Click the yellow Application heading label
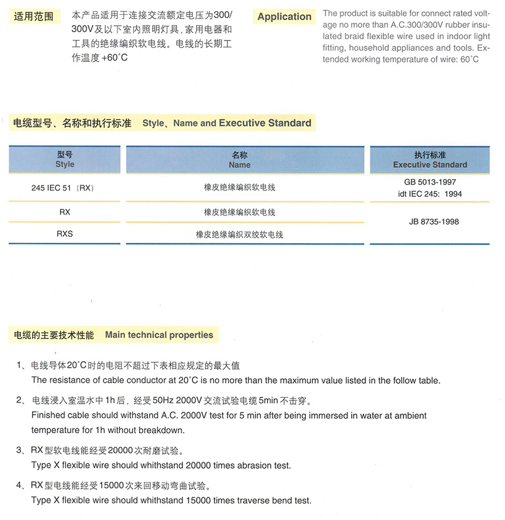click(284, 17)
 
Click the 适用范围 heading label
click(33, 17)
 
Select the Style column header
click(65, 159)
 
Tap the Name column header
click(239, 160)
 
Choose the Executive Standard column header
click(430, 160)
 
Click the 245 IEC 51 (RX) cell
click(62, 187)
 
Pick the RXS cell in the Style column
click(64, 234)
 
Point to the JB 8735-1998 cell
click(430, 222)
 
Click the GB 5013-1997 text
click(430, 182)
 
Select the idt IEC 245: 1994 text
click(430, 194)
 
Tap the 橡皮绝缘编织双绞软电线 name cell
click(239, 234)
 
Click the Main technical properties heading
click(159, 335)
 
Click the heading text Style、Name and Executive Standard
click(226, 123)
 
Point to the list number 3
click(20, 450)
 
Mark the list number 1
click(20, 365)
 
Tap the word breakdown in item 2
click(165, 430)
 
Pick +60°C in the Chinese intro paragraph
click(114, 58)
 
